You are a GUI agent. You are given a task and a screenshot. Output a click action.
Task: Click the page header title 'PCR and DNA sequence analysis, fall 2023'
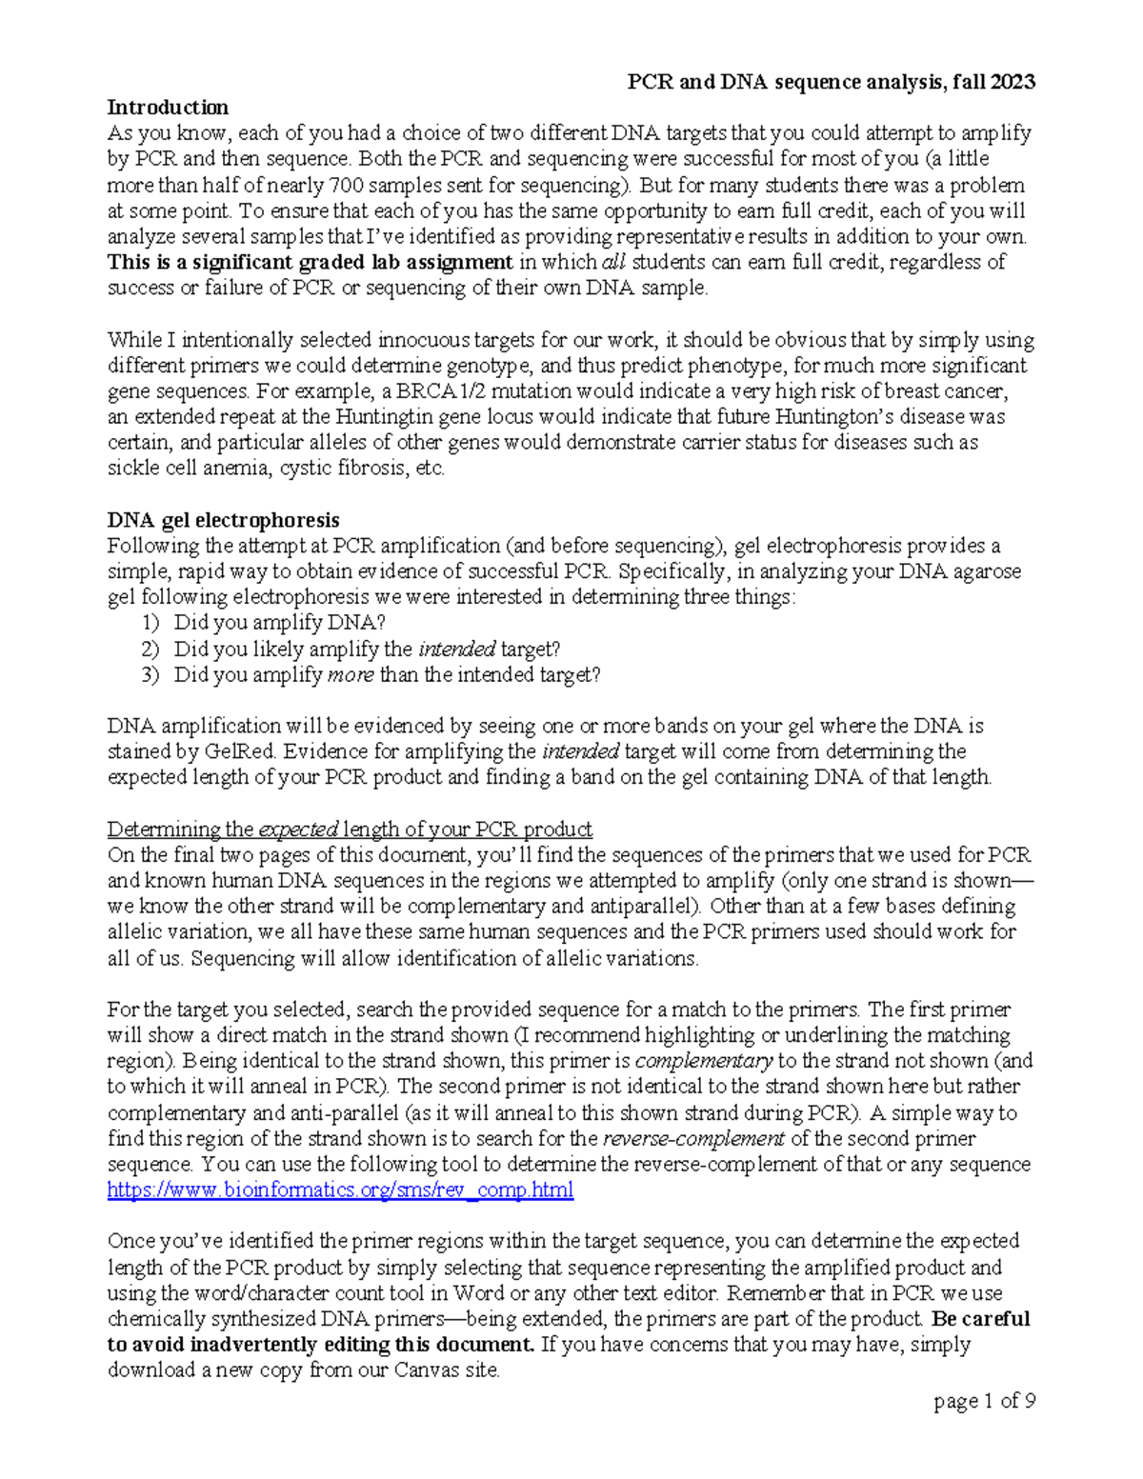830,82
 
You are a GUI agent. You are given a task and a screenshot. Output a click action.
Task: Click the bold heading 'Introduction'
168,107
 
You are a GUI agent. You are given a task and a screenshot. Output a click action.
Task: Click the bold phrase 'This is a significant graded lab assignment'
311,262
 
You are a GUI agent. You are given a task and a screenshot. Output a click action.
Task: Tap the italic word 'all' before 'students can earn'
613,262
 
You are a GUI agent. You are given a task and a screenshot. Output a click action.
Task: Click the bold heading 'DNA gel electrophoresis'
223,520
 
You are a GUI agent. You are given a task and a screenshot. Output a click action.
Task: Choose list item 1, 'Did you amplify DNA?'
279,623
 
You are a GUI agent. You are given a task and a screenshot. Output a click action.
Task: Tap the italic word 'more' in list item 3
350,675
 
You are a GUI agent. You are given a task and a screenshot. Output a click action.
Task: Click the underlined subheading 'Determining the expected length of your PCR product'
350,829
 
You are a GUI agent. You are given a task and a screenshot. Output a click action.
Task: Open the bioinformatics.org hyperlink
340,1189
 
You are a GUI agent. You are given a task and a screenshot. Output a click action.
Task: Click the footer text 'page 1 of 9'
984,1401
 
